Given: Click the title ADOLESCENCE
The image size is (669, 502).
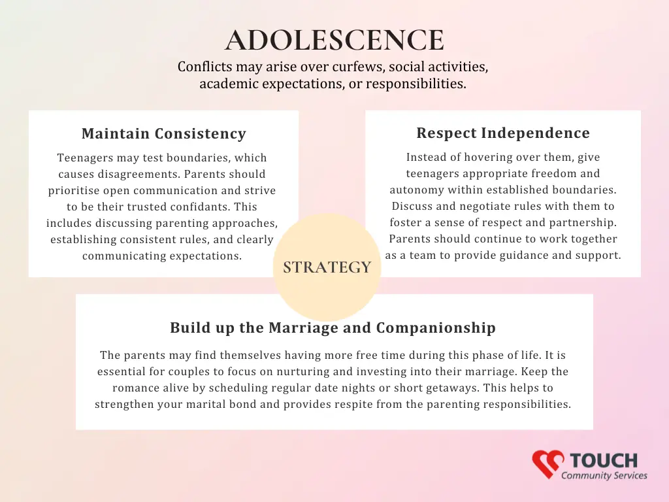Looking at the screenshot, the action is (x=334, y=40).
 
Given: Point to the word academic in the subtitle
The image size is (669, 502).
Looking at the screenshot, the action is (x=229, y=84).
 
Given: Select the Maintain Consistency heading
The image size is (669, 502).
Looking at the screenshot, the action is (x=164, y=133).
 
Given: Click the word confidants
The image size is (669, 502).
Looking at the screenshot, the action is (x=202, y=207).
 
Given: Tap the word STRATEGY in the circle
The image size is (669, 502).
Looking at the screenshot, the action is (x=327, y=267).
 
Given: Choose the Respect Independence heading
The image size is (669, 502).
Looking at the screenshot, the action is (x=503, y=133).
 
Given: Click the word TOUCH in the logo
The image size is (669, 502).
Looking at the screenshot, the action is (x=604, y=461).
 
